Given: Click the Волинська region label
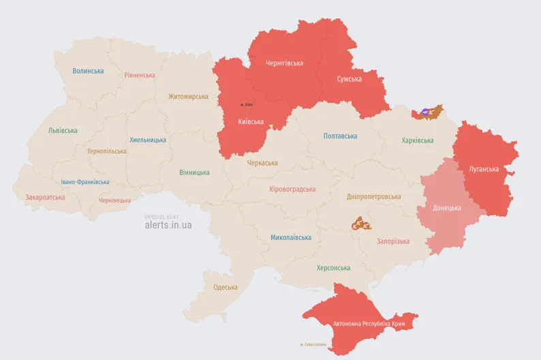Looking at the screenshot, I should click(x=88, y=71).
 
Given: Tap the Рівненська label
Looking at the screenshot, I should click(x=140, y=75).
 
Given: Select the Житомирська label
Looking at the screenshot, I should click(x=188, y=97).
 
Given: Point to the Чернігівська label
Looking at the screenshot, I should click(x=284, y=63).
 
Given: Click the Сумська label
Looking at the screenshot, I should click(x=350, y=79).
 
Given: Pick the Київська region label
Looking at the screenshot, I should click(x=251, y=122).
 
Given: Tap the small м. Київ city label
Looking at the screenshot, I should click(x=246, y=104).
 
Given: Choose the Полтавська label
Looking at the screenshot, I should click(x=340, y=136).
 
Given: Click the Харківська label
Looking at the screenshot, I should click(x=417, y=140).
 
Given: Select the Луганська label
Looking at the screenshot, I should click(x=484, y=169).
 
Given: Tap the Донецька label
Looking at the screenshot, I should click(x=446, y=208).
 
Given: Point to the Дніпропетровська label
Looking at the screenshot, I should click(x=373, y=196).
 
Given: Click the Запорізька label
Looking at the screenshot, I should click(x=393, y=241).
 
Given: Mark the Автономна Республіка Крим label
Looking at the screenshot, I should click(x=370, y=324).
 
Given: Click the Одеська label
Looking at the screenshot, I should click(x=226, y=287).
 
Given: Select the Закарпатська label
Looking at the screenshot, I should click(x=45, y=198).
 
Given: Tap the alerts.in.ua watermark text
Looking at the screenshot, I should click(x=168, y=225).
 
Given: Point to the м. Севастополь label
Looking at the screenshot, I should click(x=313, y=344).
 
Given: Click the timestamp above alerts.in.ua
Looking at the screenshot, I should click(x=161, y=216).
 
